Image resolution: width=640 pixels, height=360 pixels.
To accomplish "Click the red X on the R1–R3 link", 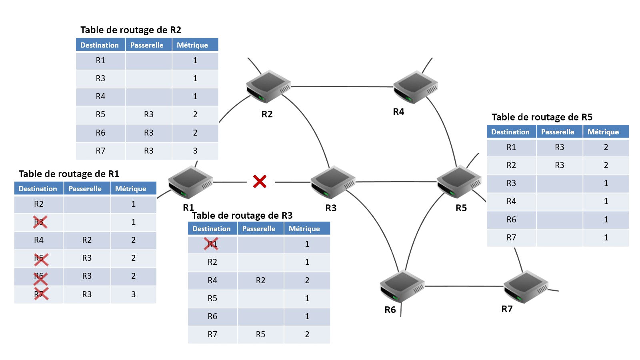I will (260, 182).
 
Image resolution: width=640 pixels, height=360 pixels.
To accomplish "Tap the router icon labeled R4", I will (416, 87).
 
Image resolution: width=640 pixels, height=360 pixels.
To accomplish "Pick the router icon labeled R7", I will (526, 286).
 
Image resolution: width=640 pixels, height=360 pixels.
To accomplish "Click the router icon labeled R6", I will (402, 286).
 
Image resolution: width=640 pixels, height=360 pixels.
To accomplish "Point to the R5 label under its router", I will (461, 208).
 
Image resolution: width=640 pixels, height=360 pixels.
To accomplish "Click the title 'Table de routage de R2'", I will (131, 30).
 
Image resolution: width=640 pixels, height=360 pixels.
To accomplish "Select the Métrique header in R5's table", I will (603, 132).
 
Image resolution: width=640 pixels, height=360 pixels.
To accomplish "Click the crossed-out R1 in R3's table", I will (212, 244).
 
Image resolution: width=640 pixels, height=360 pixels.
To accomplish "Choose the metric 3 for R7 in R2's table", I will (195, 151).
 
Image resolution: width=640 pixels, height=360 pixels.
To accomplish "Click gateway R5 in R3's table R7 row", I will (260, 334).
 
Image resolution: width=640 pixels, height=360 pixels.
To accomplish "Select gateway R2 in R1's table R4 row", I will (87, 240).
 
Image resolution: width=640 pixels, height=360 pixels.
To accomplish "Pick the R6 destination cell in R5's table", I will (511, 220).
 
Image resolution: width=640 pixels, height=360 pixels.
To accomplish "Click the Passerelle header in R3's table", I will (259, 229).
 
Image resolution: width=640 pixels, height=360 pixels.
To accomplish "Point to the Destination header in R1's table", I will (38, 189).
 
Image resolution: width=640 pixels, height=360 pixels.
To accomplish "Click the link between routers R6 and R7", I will (464, 286).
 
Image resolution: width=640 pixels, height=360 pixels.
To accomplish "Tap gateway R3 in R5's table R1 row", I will (559, 147).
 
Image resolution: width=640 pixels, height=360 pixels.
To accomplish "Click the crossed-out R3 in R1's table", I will (40, 222).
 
